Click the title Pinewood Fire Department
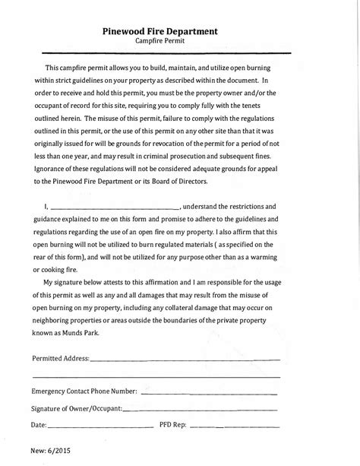click(x=160, y=31)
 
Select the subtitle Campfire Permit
click(x=160, y=43)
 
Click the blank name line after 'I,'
click(x=115, y=206)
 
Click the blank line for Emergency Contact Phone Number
click(x=209, y=394)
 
